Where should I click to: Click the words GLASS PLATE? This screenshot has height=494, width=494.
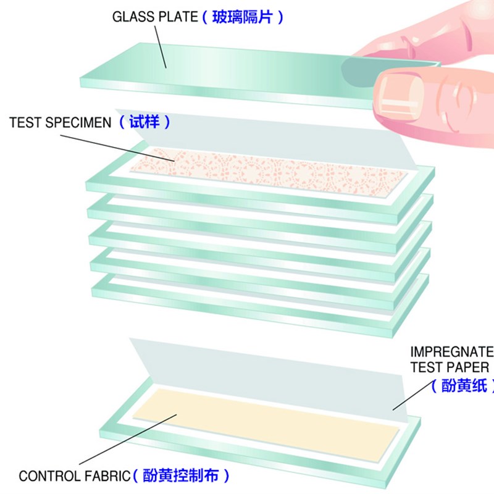pyautogui.click(x=155, y=17)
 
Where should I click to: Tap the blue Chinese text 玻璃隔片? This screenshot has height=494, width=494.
pyautogui.click(x=241, y=17)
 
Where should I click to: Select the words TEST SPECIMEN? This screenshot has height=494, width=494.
pyautogui.click(x=60, y=122)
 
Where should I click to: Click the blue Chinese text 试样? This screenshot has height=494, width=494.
pyautogui.click(x=144, y=122)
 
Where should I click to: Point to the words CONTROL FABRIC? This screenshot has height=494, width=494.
pyautogui.click(x=75, y=475)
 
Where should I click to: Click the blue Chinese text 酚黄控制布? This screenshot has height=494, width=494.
pyautogui.click(x=180, y=475)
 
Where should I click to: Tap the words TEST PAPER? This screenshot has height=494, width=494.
pyautogui.click(x=450, y=367)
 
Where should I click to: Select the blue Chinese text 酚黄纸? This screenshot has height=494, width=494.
pyautogui.click(x=464, y=385)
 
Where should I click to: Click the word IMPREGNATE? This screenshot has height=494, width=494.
pyautogui.click(x=452, y=351)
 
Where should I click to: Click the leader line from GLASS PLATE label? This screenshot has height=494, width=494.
pyautogui.click(x=161, y=47)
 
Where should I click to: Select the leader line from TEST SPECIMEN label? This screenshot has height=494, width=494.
pyautogui.click(x=117, y=148)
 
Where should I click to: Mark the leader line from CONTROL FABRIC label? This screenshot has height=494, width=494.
pyautogui.click(x=128, y=439)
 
